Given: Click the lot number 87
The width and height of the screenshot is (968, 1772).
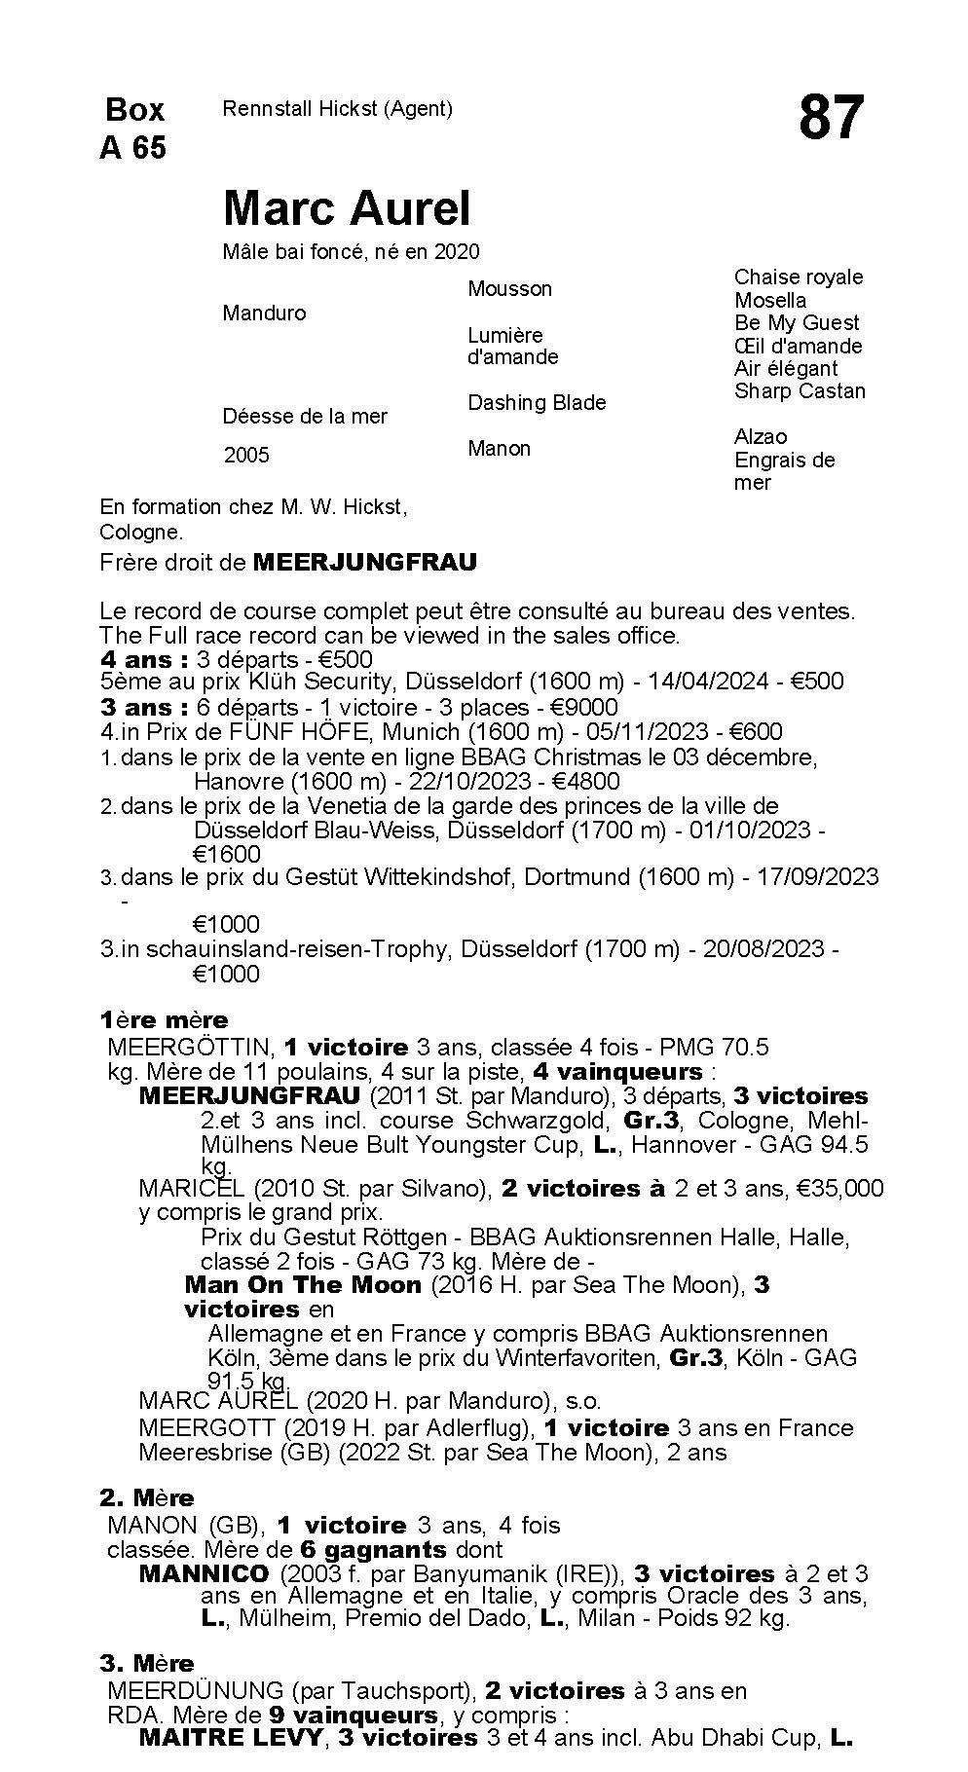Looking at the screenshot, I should (x=831, y=118).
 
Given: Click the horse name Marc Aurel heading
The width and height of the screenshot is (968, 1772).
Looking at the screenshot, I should (x=347, y=207).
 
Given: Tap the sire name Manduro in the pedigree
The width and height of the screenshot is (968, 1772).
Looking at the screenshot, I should (x=264, y=313).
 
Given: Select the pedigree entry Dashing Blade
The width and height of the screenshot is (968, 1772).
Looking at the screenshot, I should (x=537, y=402).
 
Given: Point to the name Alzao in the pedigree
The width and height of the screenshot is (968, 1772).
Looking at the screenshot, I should (x=761, y=436).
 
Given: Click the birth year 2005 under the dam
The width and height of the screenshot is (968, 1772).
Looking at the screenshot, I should (x=246, y=455).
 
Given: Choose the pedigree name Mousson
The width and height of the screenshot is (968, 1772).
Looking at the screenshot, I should (x=509, y=288).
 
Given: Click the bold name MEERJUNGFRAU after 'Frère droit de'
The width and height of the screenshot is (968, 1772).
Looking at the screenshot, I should (x=364, y=562).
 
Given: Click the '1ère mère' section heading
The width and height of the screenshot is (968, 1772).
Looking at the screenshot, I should (x=164, y=1019).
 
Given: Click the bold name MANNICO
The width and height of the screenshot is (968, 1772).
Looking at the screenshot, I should (x=204, y=1573).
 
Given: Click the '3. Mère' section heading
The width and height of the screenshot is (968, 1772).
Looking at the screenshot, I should (x=147, y=1663).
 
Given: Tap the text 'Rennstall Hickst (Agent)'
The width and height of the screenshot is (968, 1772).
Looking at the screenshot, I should (x=337, y=109).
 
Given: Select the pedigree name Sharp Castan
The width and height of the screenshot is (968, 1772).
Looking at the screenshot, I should (x=800, y=390).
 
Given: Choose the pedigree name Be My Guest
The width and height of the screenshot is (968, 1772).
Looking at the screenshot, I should (x=797, y=322).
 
